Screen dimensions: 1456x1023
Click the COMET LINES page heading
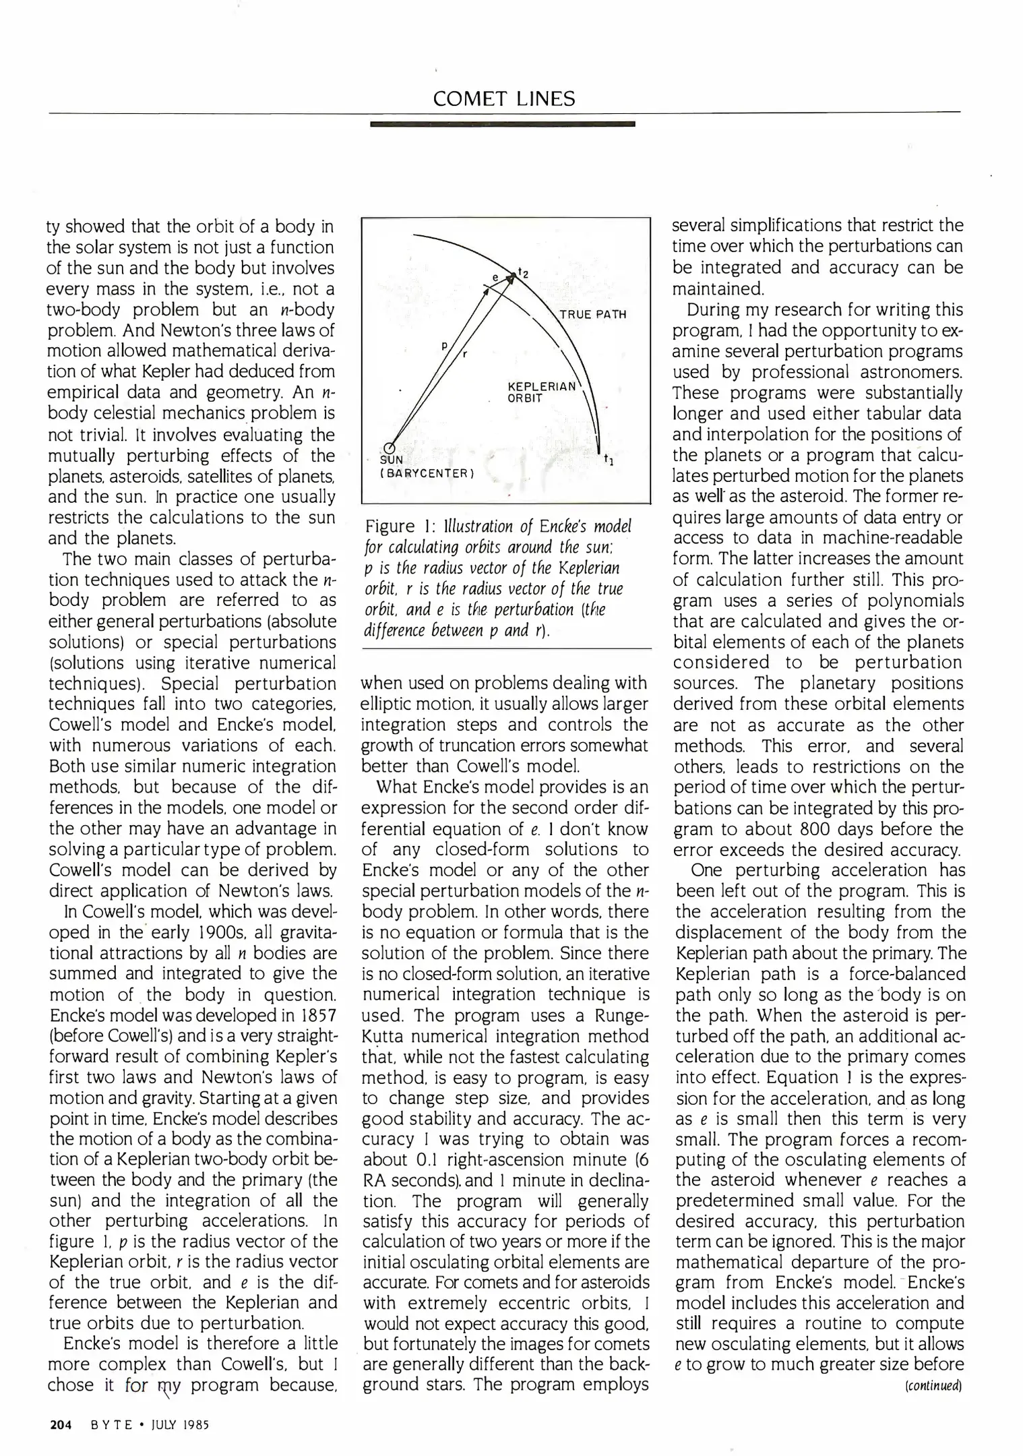(504, 99)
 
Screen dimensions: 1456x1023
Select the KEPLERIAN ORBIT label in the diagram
(540, 392)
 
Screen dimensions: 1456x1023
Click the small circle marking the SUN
(389, 448)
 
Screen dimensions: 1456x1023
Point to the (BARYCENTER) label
(428, 473)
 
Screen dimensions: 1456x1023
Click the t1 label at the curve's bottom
(608, 460)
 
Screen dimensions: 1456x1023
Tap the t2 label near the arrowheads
(524, 273)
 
